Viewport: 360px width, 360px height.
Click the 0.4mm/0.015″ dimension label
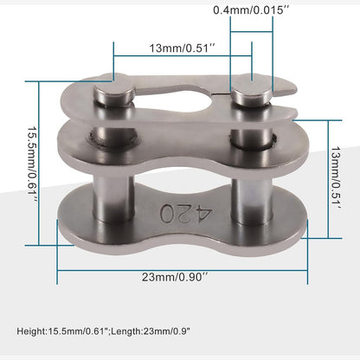(251, 10)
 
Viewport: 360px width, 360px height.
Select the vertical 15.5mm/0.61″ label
(32, 164)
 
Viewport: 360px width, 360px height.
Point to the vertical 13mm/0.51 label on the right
(336, 179)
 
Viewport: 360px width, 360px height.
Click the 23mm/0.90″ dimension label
(175, 277)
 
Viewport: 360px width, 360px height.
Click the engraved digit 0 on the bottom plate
(168, 213)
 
